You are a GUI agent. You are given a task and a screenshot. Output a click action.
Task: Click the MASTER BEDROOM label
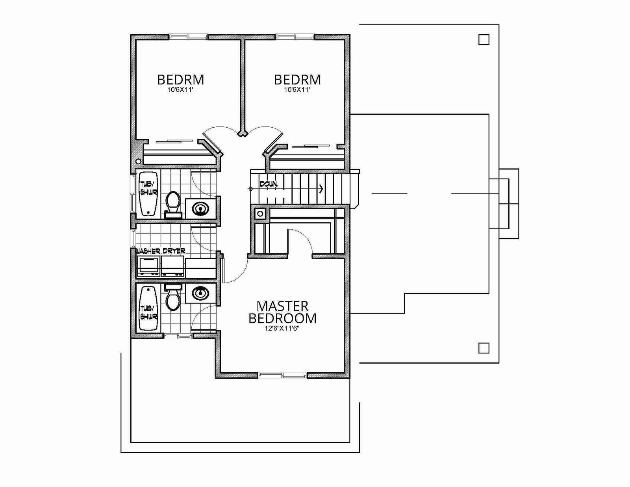coord(282,312)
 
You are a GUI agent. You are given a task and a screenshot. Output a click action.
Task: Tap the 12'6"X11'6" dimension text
coord(282,328)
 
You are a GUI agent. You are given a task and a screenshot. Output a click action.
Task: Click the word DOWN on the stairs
coord(269,184)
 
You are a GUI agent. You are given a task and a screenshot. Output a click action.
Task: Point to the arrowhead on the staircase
coord(321,189)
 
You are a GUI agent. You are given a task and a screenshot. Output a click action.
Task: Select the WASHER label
coord(148,251)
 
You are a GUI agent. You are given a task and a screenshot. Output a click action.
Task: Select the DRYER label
coord(174,251)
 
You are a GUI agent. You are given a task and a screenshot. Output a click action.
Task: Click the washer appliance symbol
coord(148,266)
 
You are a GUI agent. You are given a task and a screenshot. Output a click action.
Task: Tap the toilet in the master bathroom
coord(173,297)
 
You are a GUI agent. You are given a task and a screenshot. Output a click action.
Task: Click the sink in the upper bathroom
coord(201,208)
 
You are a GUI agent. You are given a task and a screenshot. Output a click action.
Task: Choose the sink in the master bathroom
coord(201,293)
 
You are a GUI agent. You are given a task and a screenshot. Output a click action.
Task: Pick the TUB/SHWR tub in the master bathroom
coord(148,308)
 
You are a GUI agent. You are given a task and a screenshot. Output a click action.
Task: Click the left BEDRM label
coord(181,80)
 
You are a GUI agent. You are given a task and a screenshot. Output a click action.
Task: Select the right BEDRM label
coord(297,80)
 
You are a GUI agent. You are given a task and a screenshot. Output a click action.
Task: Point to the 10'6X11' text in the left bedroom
coord(180,90)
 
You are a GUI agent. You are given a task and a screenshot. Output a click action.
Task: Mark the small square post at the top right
coord(484,39)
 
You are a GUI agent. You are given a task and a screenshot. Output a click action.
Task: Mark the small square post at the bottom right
coord(484,348)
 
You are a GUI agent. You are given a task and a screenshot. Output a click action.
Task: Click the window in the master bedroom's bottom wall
coord(282,376)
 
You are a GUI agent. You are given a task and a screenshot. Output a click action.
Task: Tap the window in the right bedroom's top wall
coord(295,37)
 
